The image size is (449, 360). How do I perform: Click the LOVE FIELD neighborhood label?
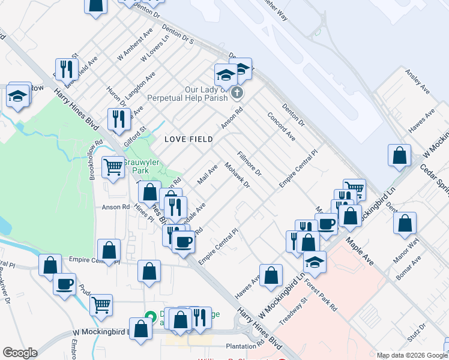point(188,139)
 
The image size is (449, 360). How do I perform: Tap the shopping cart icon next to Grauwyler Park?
point(113,167)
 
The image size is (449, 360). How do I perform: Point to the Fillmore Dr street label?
point(250,164)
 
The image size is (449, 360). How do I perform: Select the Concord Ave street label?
point(281,127)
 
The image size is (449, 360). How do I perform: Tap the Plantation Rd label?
point(245,346)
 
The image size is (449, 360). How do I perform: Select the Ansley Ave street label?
point(418,82)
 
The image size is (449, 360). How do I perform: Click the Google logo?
point(20,353)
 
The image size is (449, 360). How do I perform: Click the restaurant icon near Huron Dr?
point(119,118)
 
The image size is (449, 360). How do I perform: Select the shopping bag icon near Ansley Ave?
point(399,155)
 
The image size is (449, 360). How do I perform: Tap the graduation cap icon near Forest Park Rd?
point(314,262)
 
